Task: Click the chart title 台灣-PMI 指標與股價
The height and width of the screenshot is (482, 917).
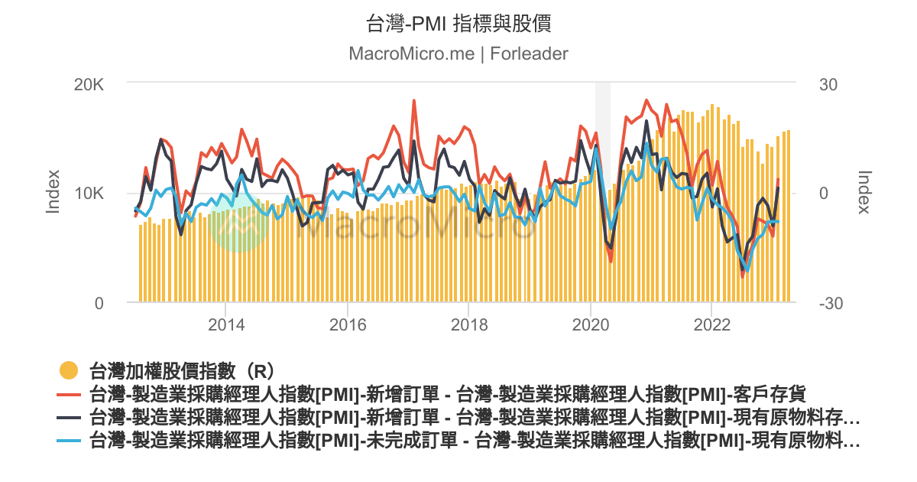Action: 458,24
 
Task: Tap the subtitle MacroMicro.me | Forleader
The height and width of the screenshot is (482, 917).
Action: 458,54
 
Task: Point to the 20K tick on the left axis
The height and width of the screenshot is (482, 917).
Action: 88,83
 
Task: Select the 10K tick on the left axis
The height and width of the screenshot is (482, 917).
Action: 88,193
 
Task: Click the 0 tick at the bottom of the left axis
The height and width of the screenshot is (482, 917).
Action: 99,303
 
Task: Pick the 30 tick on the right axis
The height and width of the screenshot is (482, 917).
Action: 828,83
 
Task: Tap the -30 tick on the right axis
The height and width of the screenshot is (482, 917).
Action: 831,303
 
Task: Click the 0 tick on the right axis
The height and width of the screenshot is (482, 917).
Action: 824,193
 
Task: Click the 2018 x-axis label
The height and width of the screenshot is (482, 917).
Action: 468,324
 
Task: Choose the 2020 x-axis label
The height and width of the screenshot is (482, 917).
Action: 590,324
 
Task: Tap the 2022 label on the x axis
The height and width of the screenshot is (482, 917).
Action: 711,324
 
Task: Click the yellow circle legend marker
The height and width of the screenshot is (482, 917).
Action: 70,371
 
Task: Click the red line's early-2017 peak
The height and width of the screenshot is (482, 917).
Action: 414,101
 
